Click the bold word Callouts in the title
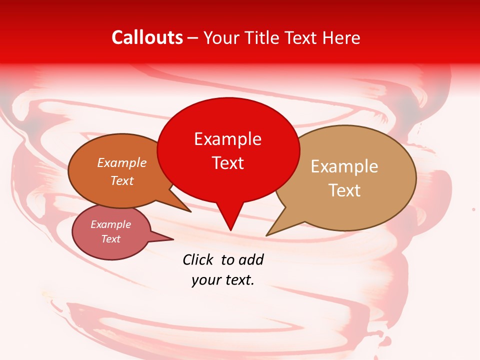tap(147, 37)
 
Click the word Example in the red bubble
tap(227, 139)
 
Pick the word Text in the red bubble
tap(227, 162)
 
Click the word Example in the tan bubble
tap(344, 166)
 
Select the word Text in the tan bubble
tap(344, 190)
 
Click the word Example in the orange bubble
tap(121, 162)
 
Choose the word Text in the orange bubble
tap(121, 180)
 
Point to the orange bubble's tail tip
tap(190, 211)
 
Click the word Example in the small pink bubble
tap(110, 224)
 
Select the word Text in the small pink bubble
tap(110, 239)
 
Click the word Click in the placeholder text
tap(198, 259)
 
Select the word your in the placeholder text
tap(205, 280)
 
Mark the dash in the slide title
tap(193, 38)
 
